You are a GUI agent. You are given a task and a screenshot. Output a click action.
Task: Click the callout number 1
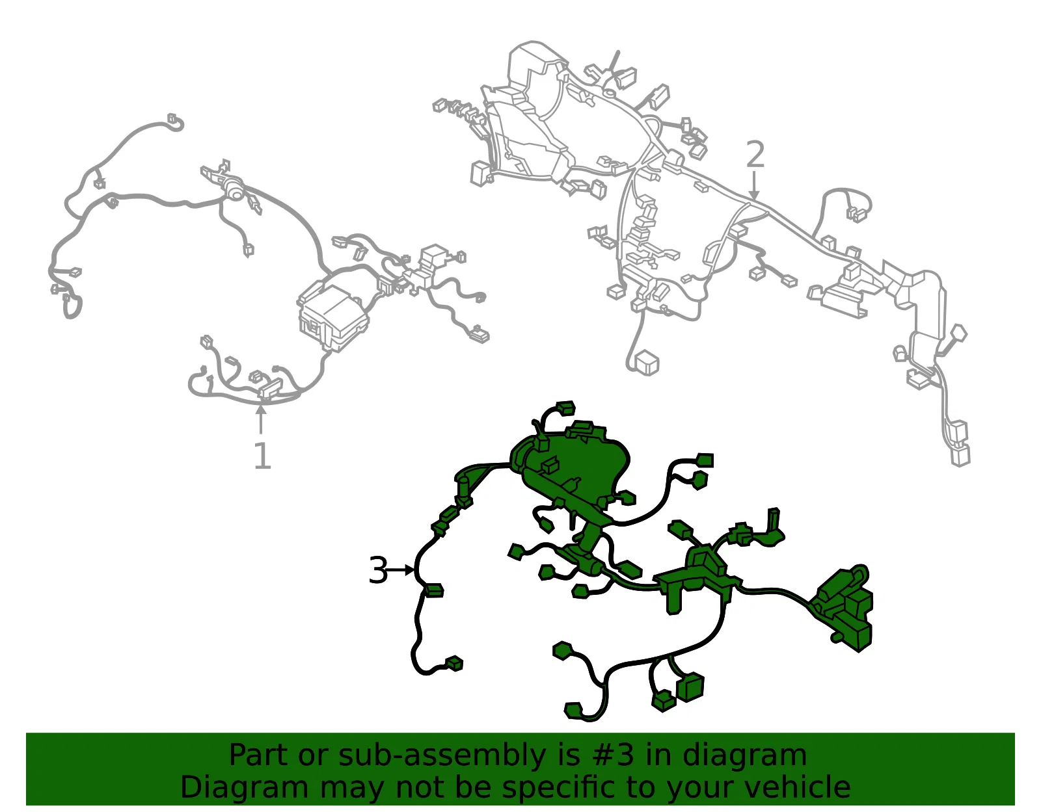click(x=262, y=455)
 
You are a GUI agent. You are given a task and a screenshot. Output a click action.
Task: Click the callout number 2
click(x=755, y=154)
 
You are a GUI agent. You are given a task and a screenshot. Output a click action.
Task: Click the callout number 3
click(x=378, y=570)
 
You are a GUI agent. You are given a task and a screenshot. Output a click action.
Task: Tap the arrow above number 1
click(x=261, y=419)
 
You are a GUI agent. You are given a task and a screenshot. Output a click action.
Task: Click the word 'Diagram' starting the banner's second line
click(x=244, y=788)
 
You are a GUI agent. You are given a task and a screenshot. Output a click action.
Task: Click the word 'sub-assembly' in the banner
click(x=442, y=757)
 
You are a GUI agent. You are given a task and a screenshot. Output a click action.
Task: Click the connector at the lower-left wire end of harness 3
click(x=453, y=664)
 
